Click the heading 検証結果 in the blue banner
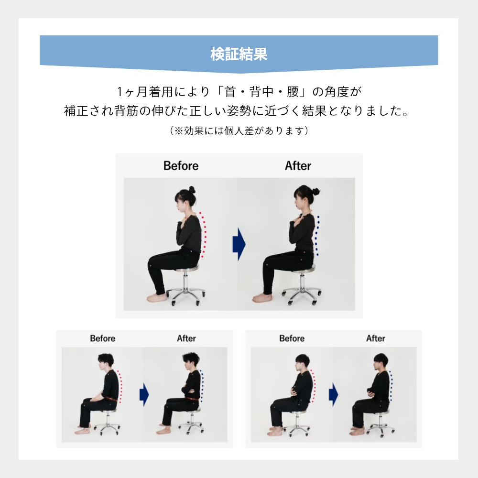239,54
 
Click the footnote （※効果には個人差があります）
239,130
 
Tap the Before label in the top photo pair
181,166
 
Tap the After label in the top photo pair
298,166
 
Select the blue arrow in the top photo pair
239,244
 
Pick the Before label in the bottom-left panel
102,338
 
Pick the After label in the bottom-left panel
186,338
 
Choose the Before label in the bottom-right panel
292,338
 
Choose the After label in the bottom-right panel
376,338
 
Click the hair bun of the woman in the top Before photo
192,190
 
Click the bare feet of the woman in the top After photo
262,298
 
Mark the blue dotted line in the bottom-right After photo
391,386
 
